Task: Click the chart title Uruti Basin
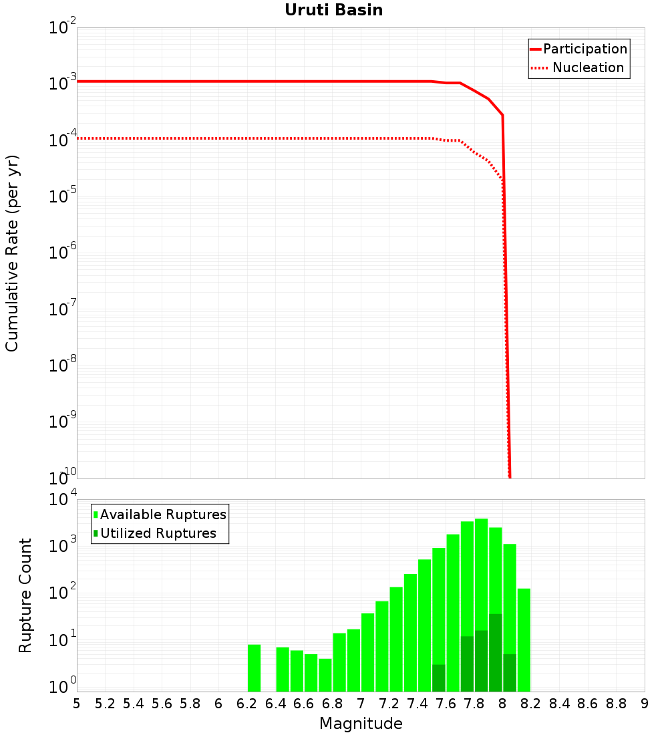(x=333, y=10)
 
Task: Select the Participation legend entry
(x=585, y=49)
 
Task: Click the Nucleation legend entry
(x=588, y=67)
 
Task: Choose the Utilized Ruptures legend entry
(x=158, y=533)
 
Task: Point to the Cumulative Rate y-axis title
(x=12, y=253)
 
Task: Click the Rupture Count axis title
(x=25, y=595)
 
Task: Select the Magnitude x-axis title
(x=361, y=724)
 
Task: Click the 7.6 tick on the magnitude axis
(x=446, y=704)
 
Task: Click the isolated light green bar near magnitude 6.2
(x=254, y=668)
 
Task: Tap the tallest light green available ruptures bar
(x=481, y=601)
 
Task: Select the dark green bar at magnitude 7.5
(x=438, y=678)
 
